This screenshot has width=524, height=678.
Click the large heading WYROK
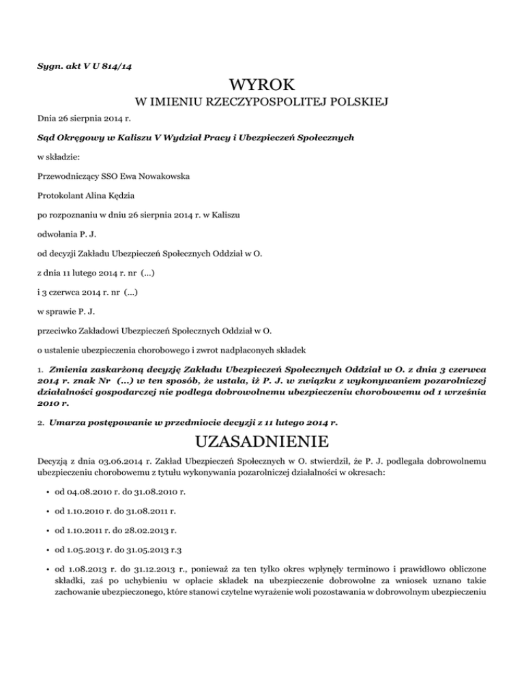262,86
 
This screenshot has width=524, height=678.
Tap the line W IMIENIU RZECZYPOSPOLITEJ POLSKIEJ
262,103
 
